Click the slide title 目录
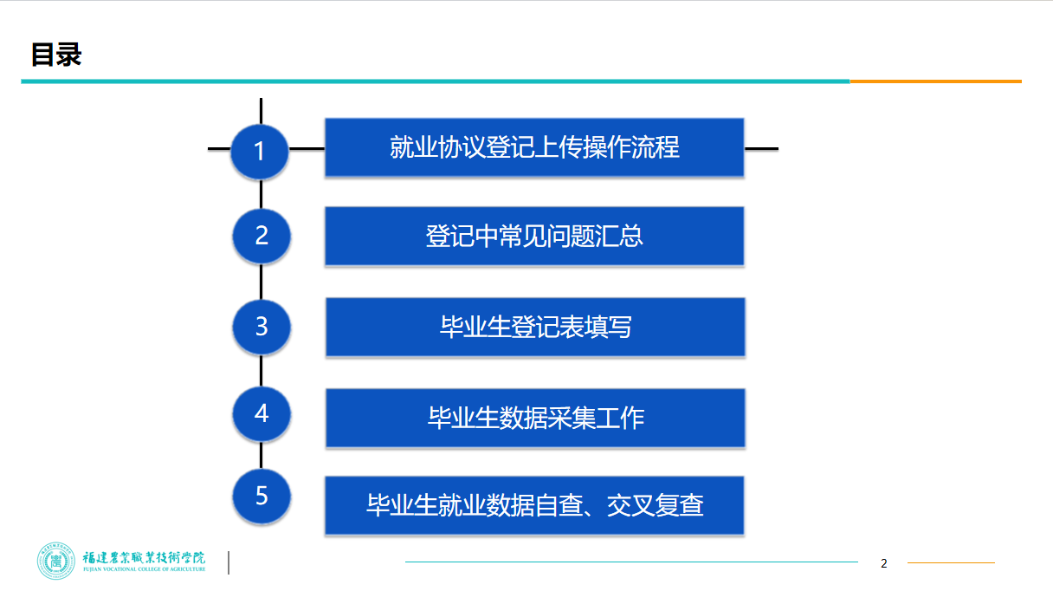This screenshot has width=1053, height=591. pyautogui.click(x=56, y=55)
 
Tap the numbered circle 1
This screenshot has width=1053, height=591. pyautogui.click(x=260, y=151)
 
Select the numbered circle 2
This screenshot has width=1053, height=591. pyautogui.click(x=262, y=236)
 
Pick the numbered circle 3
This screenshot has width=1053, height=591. pyautogui.click(x=262, y=327)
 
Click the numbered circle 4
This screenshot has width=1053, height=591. pyautogui.click(x=262, y=413)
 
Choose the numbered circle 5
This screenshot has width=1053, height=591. pyautogui.click(x=262, y=497)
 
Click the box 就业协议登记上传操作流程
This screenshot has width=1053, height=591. pyautogui.click(x=534, y=148)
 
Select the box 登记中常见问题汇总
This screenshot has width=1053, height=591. pyautogui.click(x=534, y=236)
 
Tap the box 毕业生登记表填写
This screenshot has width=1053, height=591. pyautogui.click(x=535, y=327)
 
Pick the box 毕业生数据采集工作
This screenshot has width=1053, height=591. pyautogui.click(x=535, y=418)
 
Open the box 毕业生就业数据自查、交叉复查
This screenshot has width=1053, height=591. pyautogui.click(x=534, y=505)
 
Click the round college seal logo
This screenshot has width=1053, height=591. pyautogui.click(x=57, y=561)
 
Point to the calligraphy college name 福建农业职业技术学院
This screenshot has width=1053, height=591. pyautogui.click(x=144, y=556)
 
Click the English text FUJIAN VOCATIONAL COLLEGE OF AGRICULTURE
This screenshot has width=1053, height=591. pyautogui.click(x=144, y=570)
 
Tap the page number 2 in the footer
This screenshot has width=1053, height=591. pyautogui.click(x=884, y=563)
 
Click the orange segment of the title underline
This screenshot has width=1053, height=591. pyautogui.click(x=935, y=81)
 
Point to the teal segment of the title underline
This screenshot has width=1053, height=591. pyautogui.click(x=433, y=81)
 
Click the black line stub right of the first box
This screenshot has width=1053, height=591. pyautogui.click(x=761, y=148)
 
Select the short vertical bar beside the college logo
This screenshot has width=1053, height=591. pyautogui.click(x=229, y=562)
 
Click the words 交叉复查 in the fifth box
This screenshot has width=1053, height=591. pyautogui.click(x=656, y=505)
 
